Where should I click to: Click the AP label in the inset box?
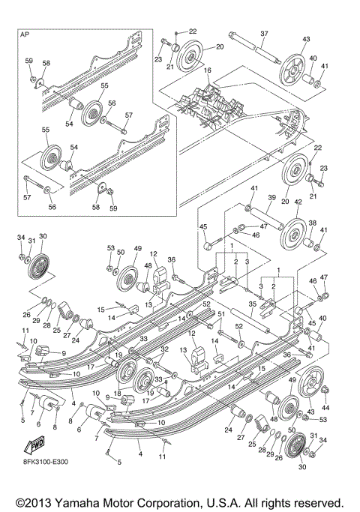tap(24, 34)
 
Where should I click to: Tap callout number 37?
tap(264, 33)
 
